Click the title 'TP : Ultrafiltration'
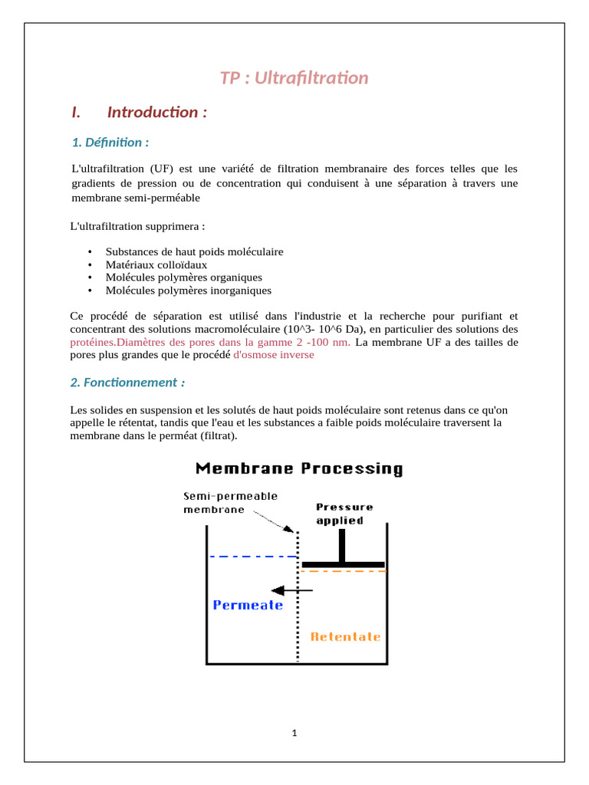pos(294,78)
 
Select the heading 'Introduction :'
pos(156,113)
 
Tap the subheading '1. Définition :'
pos(110,143)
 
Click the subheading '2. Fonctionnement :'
pos(127,383)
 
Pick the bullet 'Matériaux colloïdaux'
pos(156,264)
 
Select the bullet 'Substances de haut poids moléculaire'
pos(194,251)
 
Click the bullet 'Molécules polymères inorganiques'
pos(188,291)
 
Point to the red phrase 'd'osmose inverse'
pos(273,355)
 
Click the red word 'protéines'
pos(92,342)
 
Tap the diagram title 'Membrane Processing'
pos(299,468)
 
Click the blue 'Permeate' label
pos(248,605)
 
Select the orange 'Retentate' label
pos(345,637)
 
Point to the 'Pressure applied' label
pos(344,514)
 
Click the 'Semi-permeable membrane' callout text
pos(230,502)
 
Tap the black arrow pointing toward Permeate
pos(292,590)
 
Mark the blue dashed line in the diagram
pos(253,557)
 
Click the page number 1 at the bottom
pos(294,733)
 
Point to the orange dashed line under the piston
pos(343,571)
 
